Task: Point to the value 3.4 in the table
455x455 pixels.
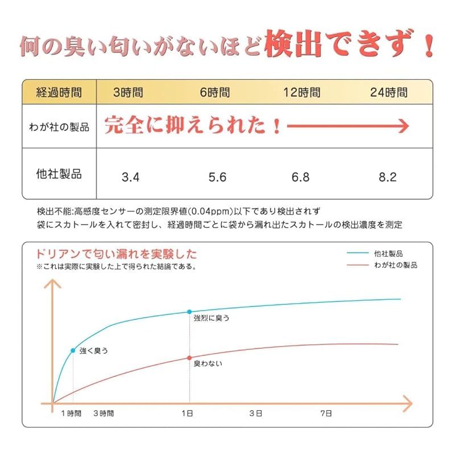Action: pyautogui.click(x=130, y=177)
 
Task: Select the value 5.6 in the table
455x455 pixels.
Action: pyautogui.click(x=217, y=177)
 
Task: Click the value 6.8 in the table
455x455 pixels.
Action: pyautogui.click(x=300, y=177)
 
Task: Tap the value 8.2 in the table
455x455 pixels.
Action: pyautogui.click(x=387, y=177)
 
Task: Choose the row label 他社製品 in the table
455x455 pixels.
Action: pyautogui.click(x=59, y=173)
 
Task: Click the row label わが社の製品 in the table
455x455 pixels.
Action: pyautogui.click(x=59, y=127)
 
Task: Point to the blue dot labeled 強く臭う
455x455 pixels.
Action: pyautogui.click(x=73, y=350)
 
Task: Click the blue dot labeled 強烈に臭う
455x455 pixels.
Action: pyautogui.click(x=189, y=312)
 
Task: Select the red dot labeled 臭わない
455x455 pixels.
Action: pyautogui.click(x=189, y=357)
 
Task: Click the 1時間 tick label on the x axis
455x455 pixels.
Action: pyautogui.click(x=71, y=412)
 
